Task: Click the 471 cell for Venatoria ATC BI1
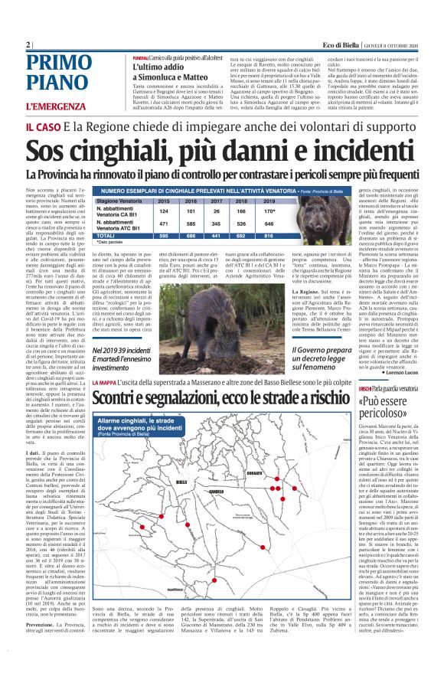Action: [x=162, y=224]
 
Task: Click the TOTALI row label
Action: [x=108, y=236]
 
